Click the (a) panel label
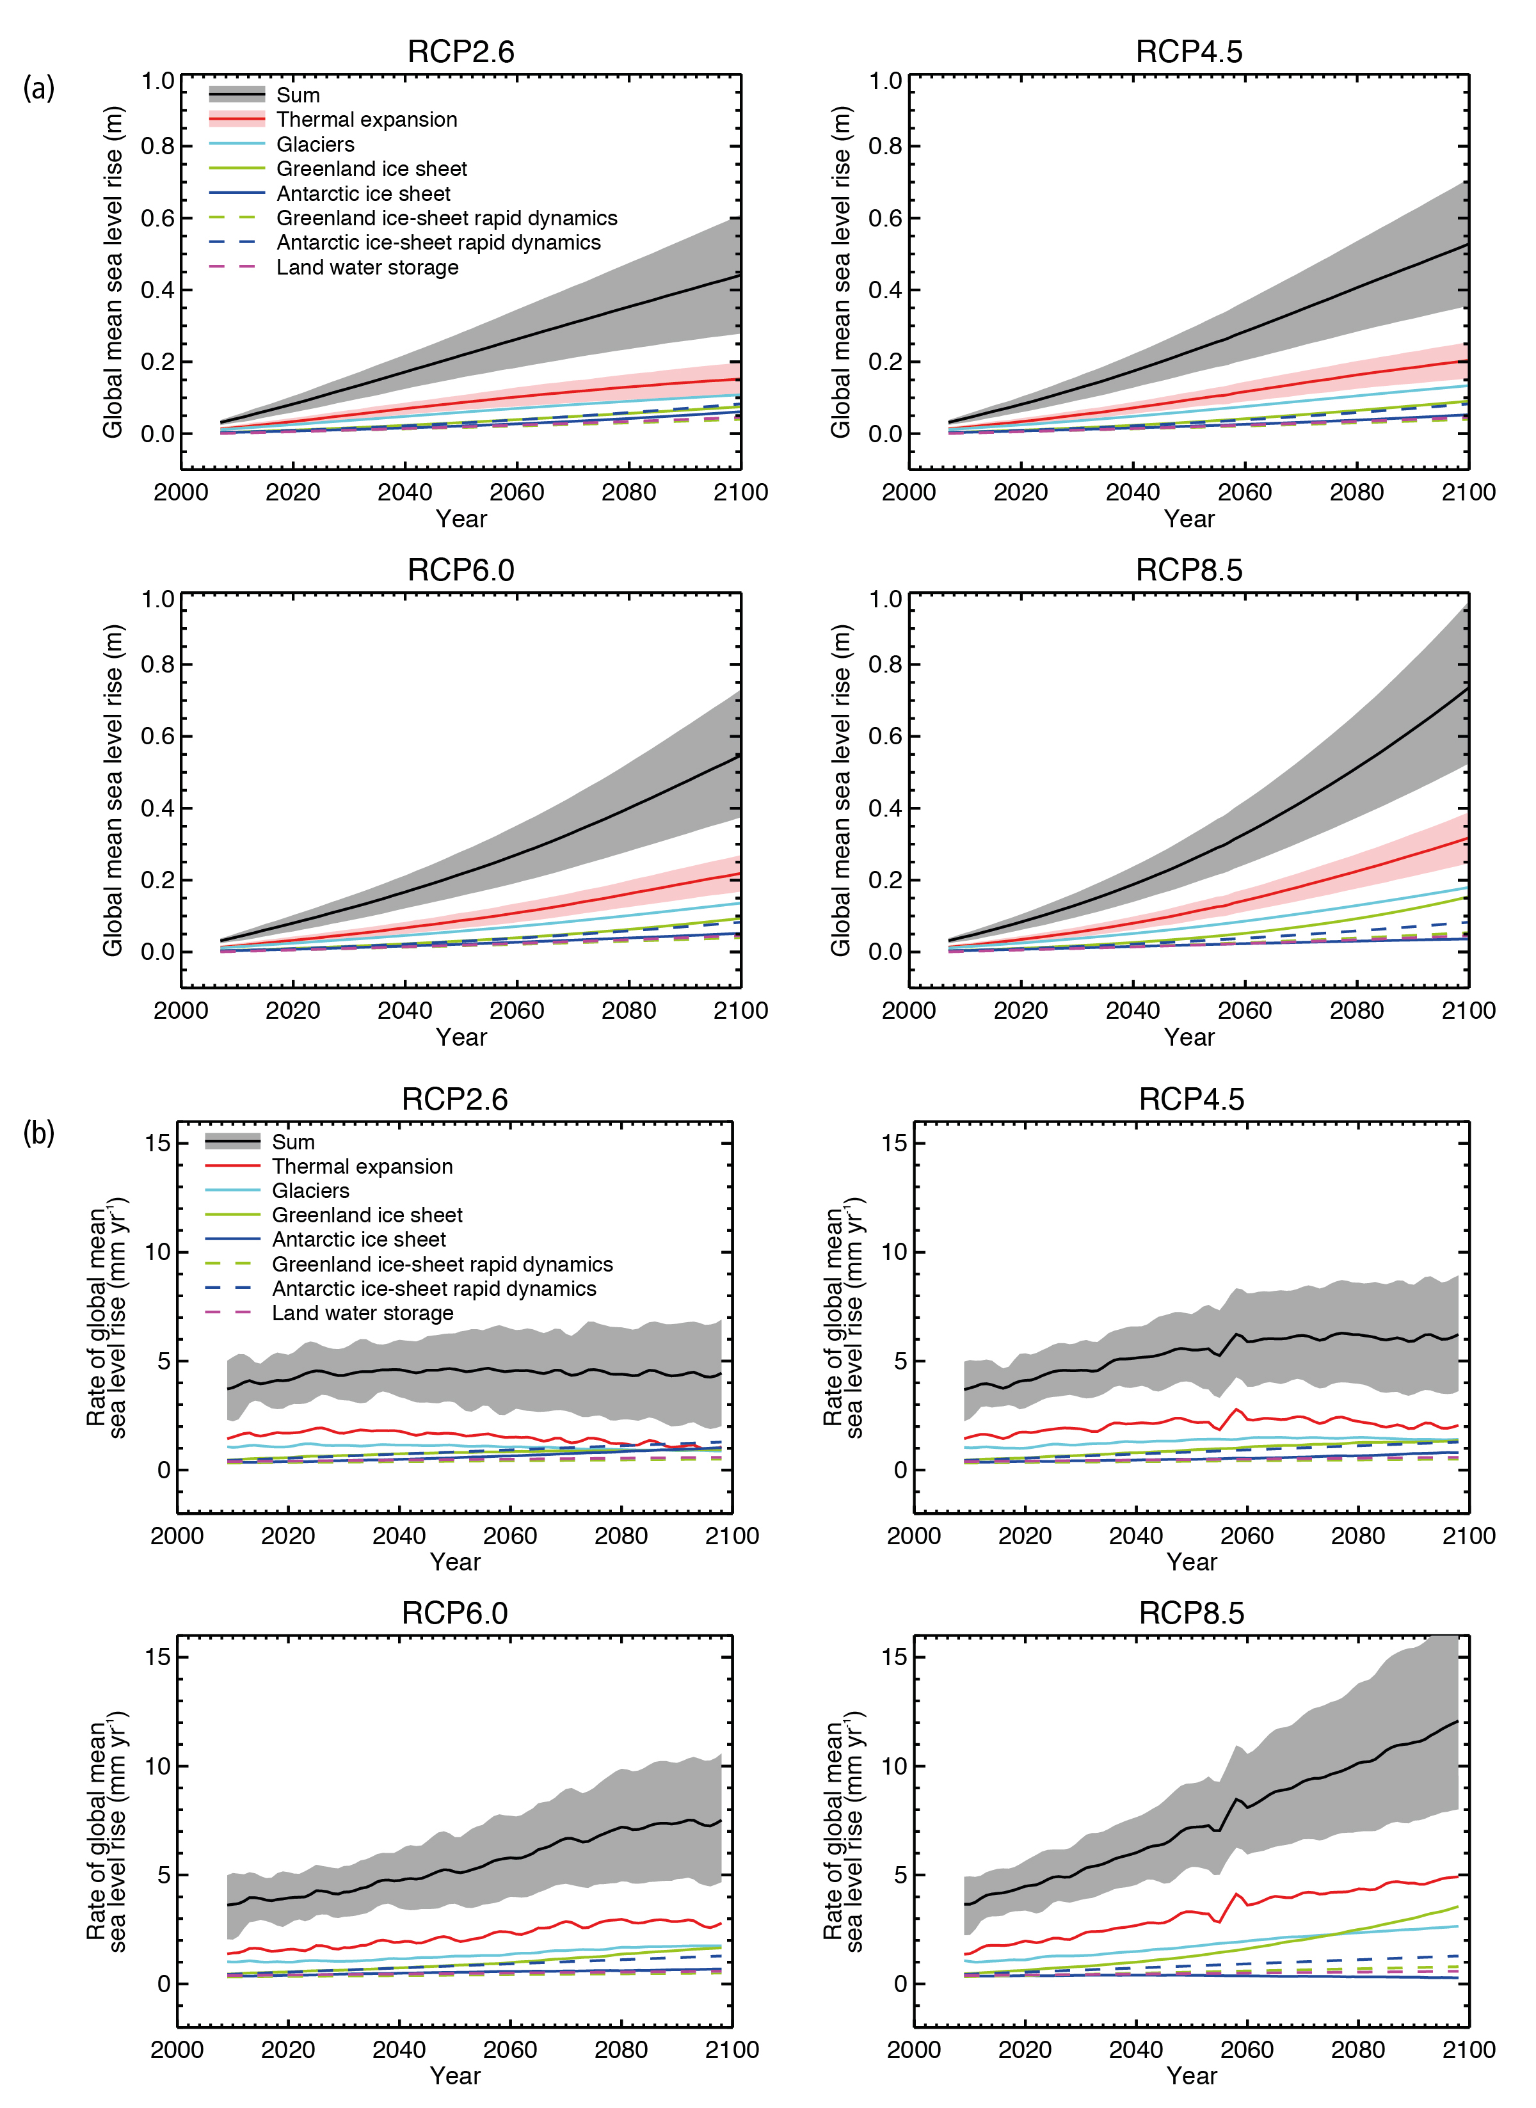(x=38, y=89)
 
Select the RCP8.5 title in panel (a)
(x=1188, y=570)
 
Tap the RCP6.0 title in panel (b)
(x=454, y=1613)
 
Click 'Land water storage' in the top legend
(x=367, y=267)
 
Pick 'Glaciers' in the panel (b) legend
(x=310, y=1190)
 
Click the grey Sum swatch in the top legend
(x=237, y=95)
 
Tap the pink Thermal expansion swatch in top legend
(x=237, y=119)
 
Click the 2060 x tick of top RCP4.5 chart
(x=1244, y=493)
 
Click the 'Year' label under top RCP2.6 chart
(x=461, y=518)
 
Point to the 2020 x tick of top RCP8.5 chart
(x=1020, y=1010)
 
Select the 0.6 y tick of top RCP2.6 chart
(x=157, y=218)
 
